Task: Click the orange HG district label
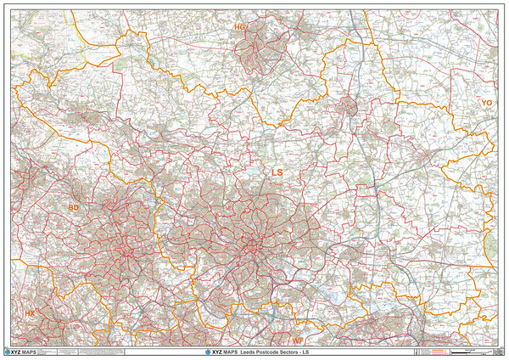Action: pyautogui.click(x=239, y=28)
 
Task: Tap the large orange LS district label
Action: pyautogui.click(x=277, y=172)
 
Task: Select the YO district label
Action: pyautogui.click(x=486, y=103)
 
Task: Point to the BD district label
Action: pyautogui.click(x=74, y=206)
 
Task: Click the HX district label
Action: pyautogui.click(x=30, y=313)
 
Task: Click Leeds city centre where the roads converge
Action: pyautogui.click(x=253, y=248)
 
